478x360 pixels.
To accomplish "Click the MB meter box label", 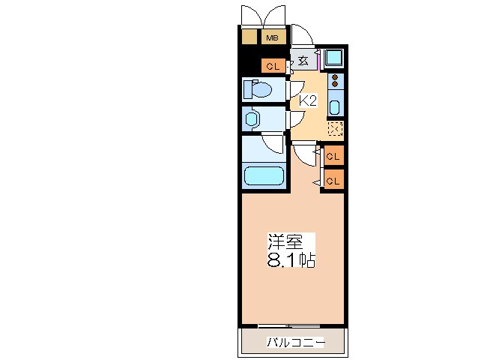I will (x=270, y=37).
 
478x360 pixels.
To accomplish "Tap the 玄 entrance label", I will (x=303, y=61).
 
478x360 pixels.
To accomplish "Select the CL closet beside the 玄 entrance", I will (x=273, y=66).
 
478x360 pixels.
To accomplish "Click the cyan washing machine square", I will (x=333, y=58).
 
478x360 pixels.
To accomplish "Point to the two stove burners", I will (x=335, y=81).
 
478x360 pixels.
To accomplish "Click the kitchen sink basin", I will (x=335, y=106).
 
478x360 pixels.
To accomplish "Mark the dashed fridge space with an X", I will (x=335, y=129).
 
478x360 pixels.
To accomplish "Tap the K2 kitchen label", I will (x=309, y=100).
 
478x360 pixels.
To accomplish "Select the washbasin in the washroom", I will (x=252, y=118).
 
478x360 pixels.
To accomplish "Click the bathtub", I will (x=264, y=177).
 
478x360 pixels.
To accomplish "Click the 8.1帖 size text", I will (x=291, y=260).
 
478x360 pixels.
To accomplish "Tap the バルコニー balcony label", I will (x=294, y=343).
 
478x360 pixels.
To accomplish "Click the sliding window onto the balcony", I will (x=289, y=325).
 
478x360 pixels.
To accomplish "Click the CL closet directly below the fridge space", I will (x=333, y=156).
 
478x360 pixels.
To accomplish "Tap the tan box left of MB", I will (x=249, y=37).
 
